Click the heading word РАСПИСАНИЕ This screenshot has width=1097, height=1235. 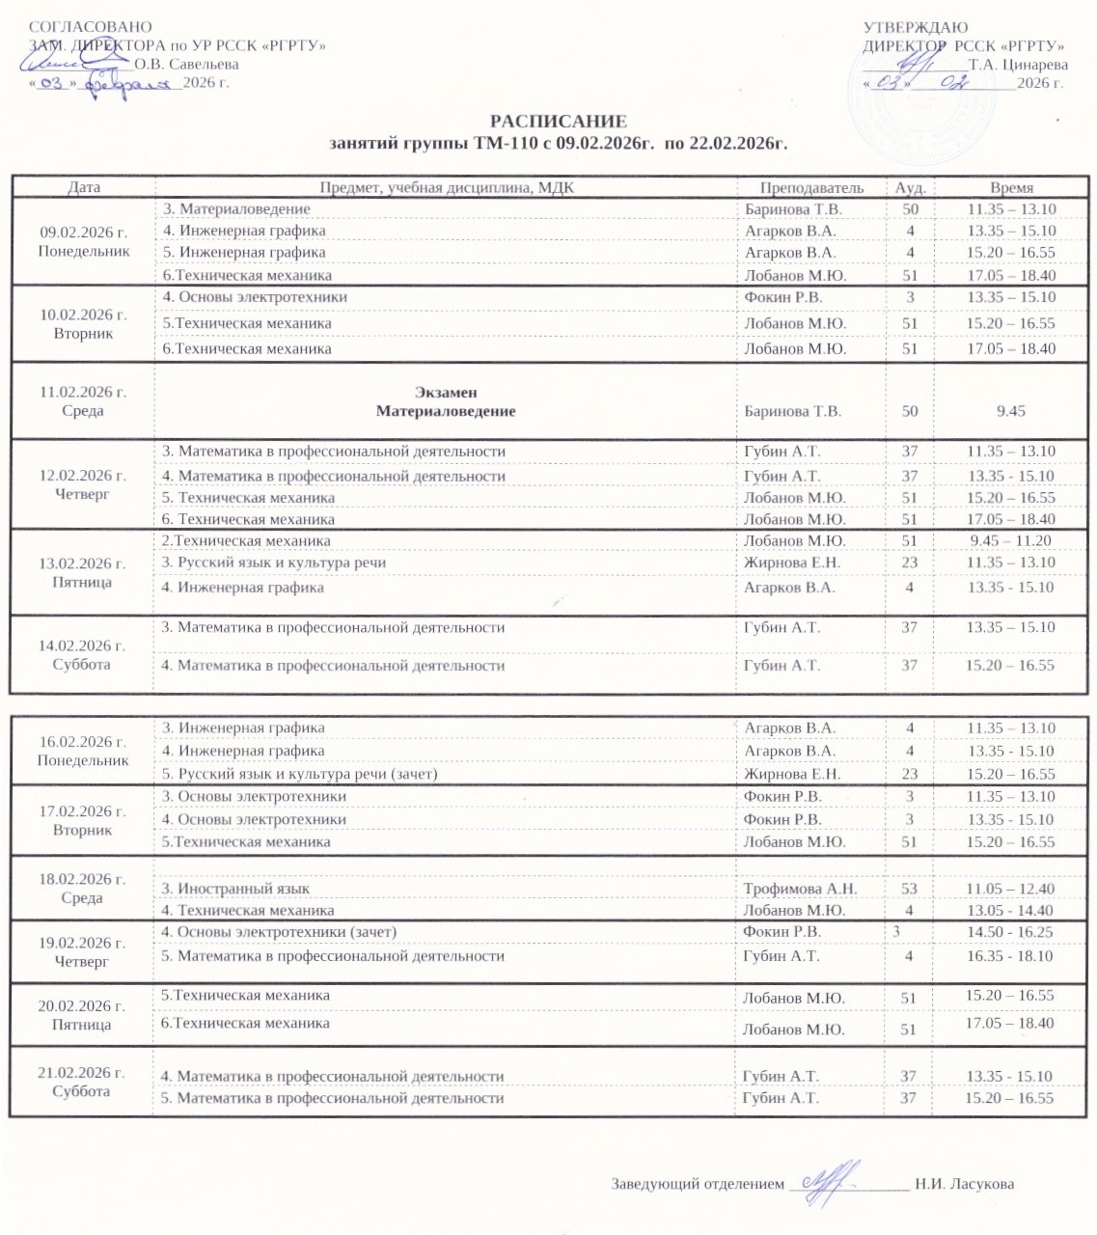(x=558, y=122)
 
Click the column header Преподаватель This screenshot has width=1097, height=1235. (x=811, y=188)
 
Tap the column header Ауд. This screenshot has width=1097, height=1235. (x=910, y=188)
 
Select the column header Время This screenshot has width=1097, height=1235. (x=1011, y=188)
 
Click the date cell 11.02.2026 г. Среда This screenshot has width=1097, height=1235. (x=83, y=401)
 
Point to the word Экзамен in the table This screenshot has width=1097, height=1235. (x=446, y=392)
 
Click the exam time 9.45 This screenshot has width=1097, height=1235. (x=1011, y=411)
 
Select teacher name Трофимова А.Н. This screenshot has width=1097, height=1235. (x=800, y=889)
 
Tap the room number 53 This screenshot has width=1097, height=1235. (x=909, y=889)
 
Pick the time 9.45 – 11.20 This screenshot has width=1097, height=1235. (x=1011, y=541)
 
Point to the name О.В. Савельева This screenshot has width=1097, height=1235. (x=186, y=65)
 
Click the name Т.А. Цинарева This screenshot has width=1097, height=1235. (x=1018, y=65)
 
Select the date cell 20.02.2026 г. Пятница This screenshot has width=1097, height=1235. (x=82, y=1015)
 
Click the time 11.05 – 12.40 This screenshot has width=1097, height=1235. (x=1010, y=889)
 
